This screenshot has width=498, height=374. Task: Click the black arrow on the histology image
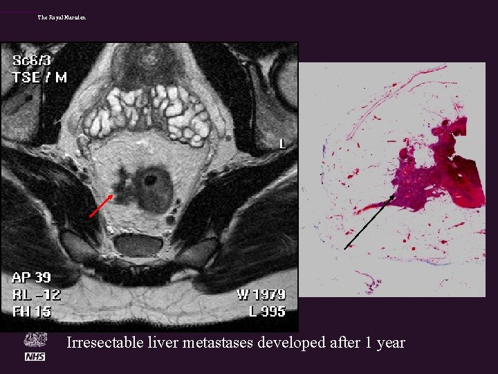click(x=369, y=222)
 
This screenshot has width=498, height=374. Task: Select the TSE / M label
click(x=39, y=77)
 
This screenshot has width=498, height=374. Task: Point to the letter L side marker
click(x=282, y=144)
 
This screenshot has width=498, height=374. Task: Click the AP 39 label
click(x=31, y=278)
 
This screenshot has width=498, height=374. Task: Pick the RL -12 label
click(x=36, y=295)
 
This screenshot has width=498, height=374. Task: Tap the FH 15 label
click(x=31, y=312)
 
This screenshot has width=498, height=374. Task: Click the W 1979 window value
click(x=261, y=295)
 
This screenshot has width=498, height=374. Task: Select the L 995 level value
click(x=267, y=312)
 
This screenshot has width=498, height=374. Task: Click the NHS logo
click(x=35, y=356)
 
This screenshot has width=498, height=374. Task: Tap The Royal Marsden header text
click(x=62, y=17)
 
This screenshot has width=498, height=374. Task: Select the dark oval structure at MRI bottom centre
click(x=138, y=244)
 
